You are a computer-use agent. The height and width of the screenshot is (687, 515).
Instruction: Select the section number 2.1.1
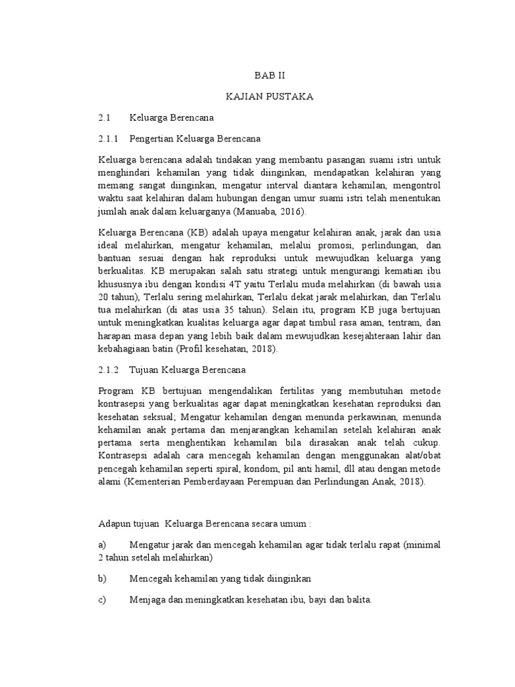click(x=108, y=139)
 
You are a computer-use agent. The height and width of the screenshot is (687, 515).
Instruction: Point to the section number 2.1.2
click(x=108, y=370)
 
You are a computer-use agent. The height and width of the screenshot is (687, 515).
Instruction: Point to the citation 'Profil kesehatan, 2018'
click(x=226, y=350)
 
